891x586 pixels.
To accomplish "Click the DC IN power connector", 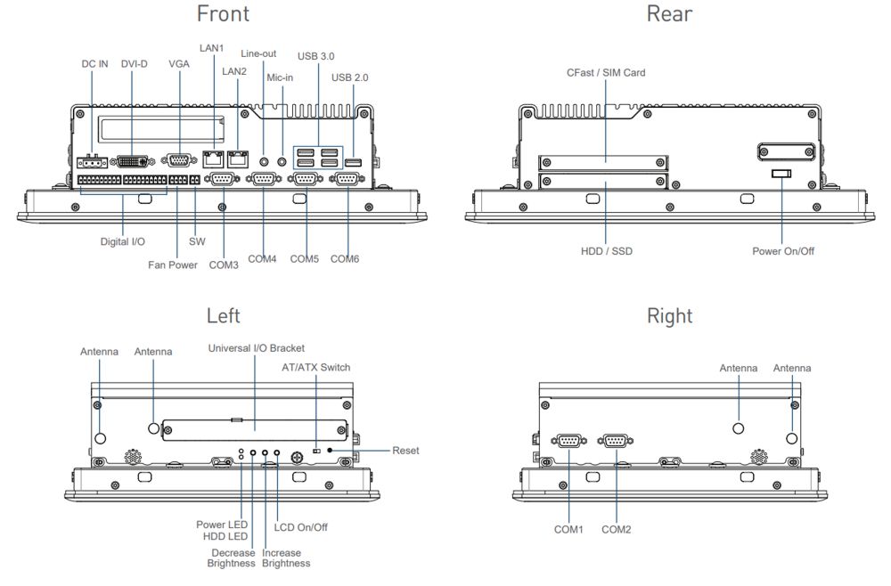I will tap(91, 163).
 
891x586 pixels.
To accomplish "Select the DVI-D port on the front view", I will tap(134, 162).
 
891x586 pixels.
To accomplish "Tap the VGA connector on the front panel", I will tap(179, 161).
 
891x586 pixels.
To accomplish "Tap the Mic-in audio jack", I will tap(283, 162).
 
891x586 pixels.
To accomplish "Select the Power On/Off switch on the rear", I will tap(781, 172).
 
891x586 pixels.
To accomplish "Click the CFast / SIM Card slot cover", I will tap(603, 162).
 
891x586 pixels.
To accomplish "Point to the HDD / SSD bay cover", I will tap(603, 182).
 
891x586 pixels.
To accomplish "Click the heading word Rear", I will tap(669, 13).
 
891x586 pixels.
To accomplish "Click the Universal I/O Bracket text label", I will tap(257, 347).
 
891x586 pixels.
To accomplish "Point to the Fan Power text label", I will tap(173, 265).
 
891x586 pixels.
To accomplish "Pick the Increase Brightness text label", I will tap(286, 558).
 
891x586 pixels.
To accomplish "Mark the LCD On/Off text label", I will tap(300, 527).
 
